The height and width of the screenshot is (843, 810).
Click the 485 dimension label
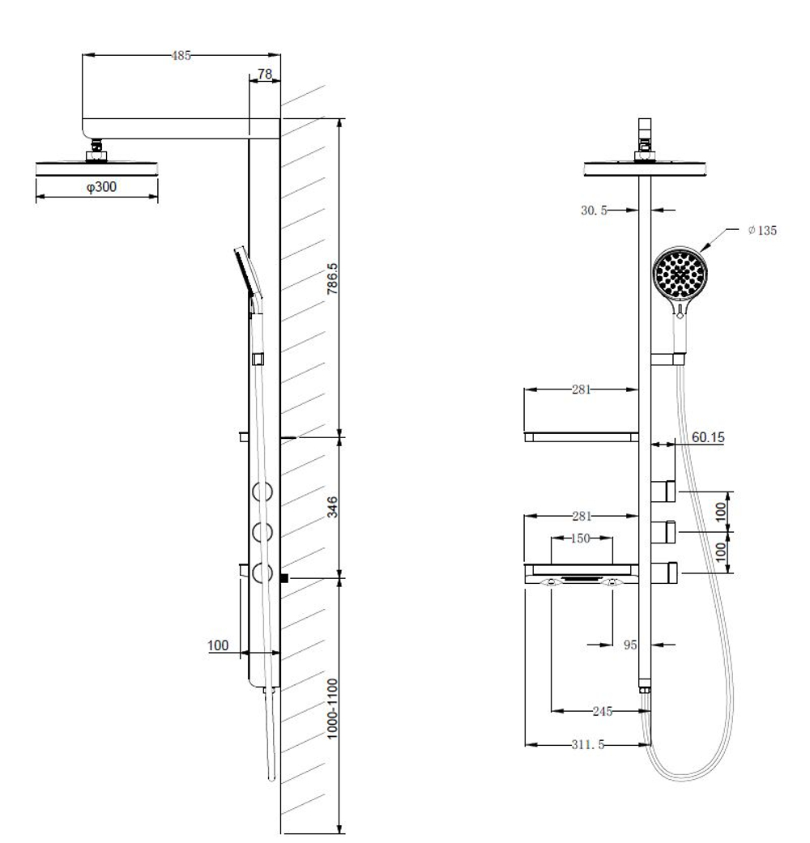[x=181, y=55]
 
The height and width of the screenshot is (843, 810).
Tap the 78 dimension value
[x=265, y=74]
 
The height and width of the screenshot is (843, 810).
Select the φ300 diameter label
[x=101, y=186]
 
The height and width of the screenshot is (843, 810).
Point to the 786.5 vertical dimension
[x=332, y=278]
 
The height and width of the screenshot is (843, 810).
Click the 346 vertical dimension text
[x=332, y=507]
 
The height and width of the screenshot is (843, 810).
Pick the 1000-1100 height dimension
[x=332, y=708]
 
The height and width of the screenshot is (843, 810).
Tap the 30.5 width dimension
[x=594, y=211]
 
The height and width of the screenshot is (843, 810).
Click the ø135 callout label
[x=762, y=230]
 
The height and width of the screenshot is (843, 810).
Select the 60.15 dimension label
[x=708, y=437]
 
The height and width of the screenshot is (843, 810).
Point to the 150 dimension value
[x=580, y=539]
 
